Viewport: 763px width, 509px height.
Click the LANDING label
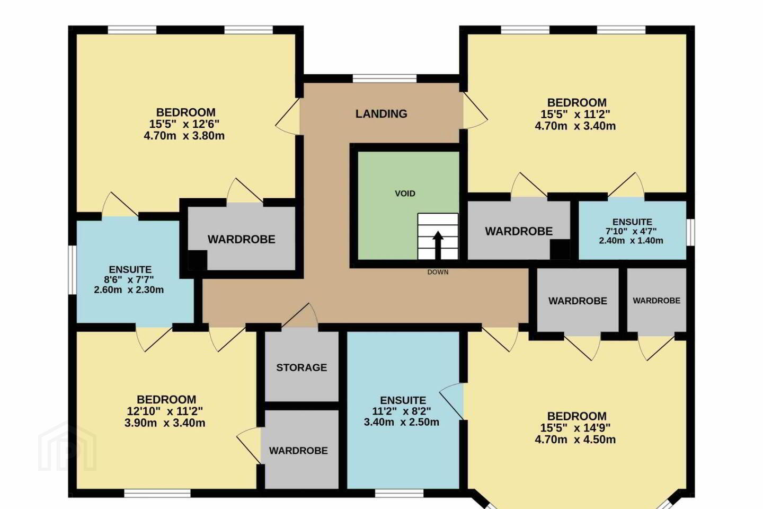[x=381, y=114]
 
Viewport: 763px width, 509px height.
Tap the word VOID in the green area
[x=405, y=194]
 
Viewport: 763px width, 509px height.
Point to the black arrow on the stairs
[x=438, y=245]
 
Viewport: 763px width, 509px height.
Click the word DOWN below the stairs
[x=438, y=272]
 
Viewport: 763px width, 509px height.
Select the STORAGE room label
[x=301, y=367]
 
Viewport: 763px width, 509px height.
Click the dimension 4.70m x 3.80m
[x=184, y=136]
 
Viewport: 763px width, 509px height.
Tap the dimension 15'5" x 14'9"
[x=575, y=427]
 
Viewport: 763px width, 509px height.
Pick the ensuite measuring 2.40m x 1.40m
[x=632, y=231]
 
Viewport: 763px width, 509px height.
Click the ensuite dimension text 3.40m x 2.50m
[x=401, y=422]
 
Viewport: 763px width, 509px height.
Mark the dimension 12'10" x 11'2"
[x=165, y=411]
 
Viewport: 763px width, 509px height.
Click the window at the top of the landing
[x=385, y=79]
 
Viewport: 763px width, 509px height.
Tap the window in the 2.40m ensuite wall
[x=690, y=232]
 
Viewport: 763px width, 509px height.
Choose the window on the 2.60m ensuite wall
[x=72, y=270]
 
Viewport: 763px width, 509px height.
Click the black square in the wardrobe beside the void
[x=560, y=249]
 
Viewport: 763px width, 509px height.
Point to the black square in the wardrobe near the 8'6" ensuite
[x=197, y=260]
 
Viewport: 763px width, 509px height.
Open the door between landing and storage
[x=300, y=315]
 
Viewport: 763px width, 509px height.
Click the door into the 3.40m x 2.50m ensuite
[x=451, y=401]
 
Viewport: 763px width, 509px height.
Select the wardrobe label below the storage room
[x=298, y=451]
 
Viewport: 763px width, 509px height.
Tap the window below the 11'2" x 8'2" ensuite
[x=399, y=493]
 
